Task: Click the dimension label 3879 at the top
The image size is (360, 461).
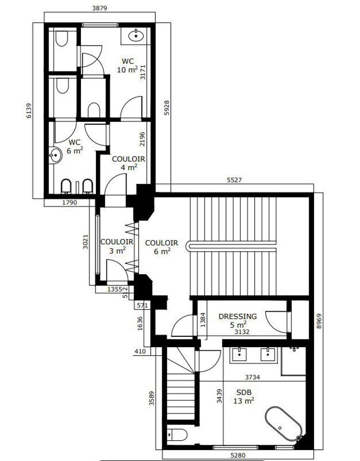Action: (99, 8)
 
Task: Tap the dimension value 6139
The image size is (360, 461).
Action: (28, 111)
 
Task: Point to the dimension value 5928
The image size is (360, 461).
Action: (166, 108)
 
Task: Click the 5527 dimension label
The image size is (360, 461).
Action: (234, 180)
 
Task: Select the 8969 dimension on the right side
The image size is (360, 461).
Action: (319, 322)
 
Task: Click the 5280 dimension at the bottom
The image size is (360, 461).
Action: (238, 456)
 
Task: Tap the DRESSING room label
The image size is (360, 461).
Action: (238, 316)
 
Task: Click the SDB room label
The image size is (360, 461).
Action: (244, 392)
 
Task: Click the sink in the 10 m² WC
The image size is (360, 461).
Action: (136, 36)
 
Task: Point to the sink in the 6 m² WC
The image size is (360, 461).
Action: (55, 155)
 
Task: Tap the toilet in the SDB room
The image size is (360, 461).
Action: (177, 435)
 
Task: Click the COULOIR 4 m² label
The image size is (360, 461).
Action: (129, 163)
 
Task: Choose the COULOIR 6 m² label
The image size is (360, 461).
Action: (162, 247)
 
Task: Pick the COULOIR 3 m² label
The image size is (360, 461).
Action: (117, 246)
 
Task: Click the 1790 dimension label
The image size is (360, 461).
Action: (70, 202)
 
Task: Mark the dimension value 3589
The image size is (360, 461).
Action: (152, 398)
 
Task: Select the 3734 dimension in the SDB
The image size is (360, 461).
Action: (252, 377)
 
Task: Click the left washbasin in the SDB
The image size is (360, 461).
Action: (240, 354)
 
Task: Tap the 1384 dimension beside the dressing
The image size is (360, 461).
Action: (202, 320)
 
